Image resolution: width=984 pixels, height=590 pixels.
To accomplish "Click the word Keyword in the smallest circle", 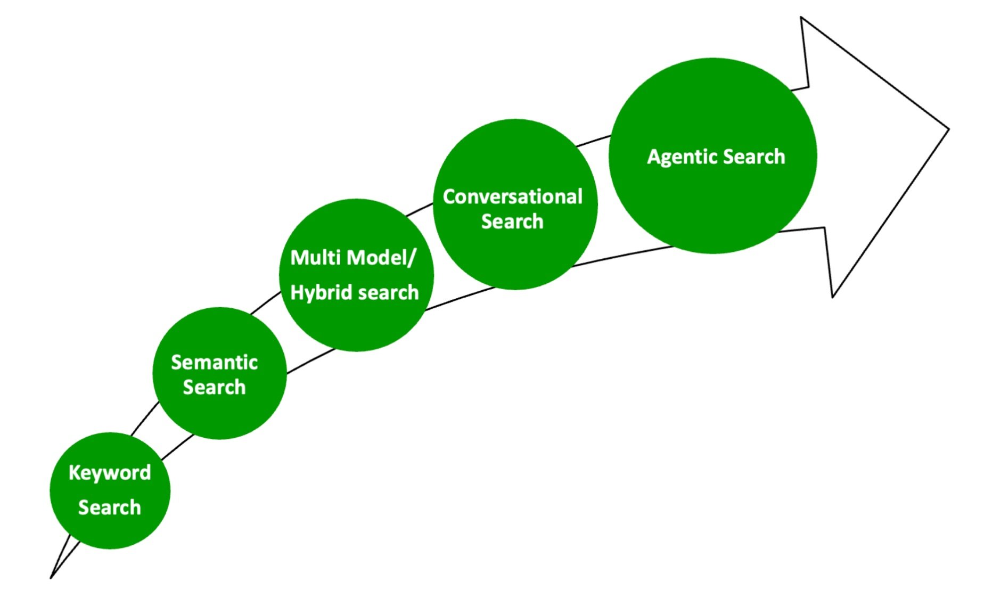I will point(110,473).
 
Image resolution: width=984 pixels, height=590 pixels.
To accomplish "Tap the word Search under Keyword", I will point(110,507).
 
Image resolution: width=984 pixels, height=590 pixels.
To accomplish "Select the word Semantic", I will point(215,363).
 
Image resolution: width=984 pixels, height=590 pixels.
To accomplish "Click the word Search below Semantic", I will point(215,387).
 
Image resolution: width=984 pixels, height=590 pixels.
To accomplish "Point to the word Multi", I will point(315,258).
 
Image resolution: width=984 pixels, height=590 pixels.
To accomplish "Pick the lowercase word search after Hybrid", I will point(388,293).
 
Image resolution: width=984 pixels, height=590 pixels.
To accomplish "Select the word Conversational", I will point(513,197).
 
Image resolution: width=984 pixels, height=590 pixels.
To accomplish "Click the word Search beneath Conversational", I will point(512,222).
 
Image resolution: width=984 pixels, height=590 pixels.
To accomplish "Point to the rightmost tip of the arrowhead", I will point(948,128).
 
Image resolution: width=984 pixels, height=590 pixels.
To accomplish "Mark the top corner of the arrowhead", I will point(801,18).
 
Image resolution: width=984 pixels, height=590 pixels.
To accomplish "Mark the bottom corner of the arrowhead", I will point(833,296).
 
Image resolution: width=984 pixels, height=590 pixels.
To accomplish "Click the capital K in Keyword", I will point(74,473).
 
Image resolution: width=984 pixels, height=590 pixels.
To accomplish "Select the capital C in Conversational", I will point(449,197).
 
